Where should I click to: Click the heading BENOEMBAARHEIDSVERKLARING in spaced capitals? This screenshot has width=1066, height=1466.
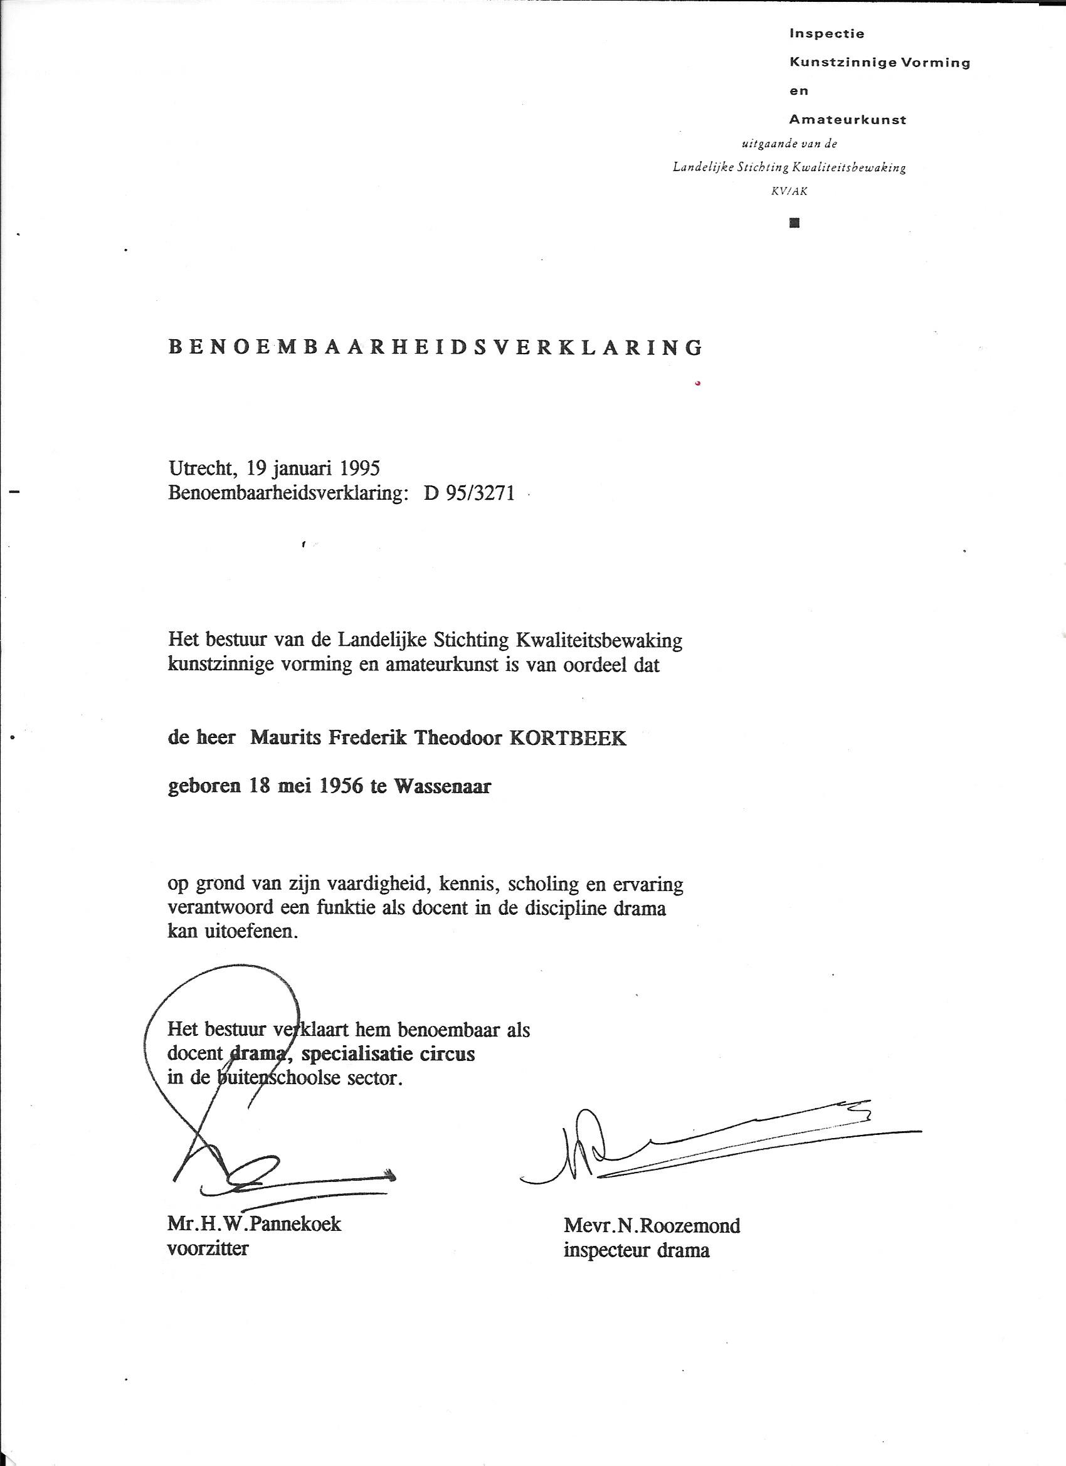(435, 348)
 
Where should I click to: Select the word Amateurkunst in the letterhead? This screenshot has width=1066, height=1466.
(848, 120)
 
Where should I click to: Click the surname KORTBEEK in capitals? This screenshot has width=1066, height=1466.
(568, 738)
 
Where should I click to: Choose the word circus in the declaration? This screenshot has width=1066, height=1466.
(446, 1054)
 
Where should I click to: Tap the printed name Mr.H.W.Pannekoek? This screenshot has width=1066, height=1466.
(254, 1224)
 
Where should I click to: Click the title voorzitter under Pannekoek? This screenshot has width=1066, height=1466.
(208, 1248)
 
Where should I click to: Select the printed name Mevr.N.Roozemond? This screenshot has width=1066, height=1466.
(652, 1226)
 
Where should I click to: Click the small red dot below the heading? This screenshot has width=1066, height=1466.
(697, 384)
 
